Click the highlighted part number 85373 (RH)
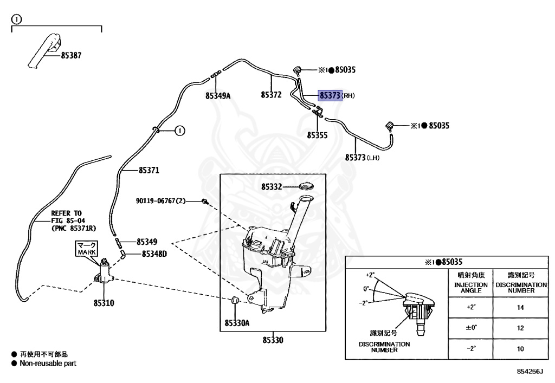tap(330, 95)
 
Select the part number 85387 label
tap(71, 55)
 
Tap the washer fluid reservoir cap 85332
tap(307, 186)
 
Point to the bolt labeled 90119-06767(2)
tap(204, 201)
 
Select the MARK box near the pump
tap(86, 249)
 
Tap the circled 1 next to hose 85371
tap(180, 131)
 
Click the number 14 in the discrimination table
tap(520, 307)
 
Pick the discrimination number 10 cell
tap(520, 349)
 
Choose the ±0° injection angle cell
tap(471, 328)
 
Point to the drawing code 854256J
tap(530, 371)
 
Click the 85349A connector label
tap(218, 95)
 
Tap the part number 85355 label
tap(317, 135)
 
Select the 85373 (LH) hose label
tap(362, 158)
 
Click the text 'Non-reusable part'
tap(48, 363)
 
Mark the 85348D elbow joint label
tap(154, 254)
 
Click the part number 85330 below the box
tap(273, 340)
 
